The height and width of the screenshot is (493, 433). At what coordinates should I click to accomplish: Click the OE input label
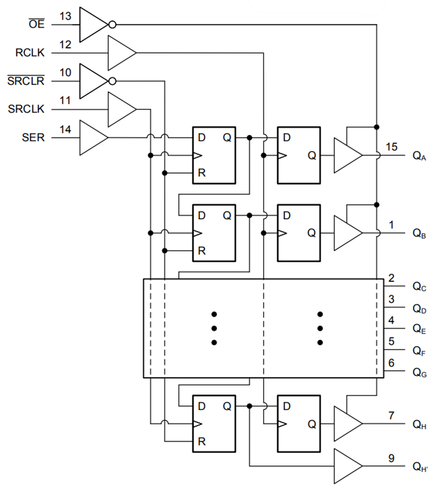point(37,25)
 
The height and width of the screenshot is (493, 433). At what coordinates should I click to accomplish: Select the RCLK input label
point(30,53)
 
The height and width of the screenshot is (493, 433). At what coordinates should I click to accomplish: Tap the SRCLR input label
point(26,81)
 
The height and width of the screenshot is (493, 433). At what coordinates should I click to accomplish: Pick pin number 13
point(65,16)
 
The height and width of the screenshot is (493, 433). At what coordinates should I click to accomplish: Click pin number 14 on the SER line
point(65,129)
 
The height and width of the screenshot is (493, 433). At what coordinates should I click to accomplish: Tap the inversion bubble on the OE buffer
point(112,25)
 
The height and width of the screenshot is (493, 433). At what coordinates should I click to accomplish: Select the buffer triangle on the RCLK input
point(120,53)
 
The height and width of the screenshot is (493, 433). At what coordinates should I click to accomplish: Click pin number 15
point(391,147)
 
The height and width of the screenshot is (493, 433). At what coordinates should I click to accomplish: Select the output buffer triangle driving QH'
point(346,466)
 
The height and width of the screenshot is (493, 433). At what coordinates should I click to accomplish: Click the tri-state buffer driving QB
point(346,233)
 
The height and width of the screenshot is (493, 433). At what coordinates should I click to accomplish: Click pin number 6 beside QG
point(391,363)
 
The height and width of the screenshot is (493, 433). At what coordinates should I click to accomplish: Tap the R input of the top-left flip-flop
point(202,173)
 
